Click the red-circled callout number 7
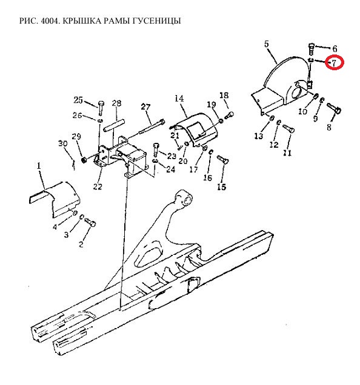(334, 63)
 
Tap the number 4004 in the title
(50, 21)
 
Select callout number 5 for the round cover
(267, 44)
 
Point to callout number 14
(179, 99)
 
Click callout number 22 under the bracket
(98, 186)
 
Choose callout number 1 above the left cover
(39, 166)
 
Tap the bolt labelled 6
(312, 49)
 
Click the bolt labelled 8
(334, 108)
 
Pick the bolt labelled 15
(223, 159)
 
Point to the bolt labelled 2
(90, 222)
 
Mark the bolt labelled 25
(101, 108)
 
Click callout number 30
(62, 143)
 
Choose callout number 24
(171, 169)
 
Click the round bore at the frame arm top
(187, 199)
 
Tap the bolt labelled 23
(155, 150)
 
